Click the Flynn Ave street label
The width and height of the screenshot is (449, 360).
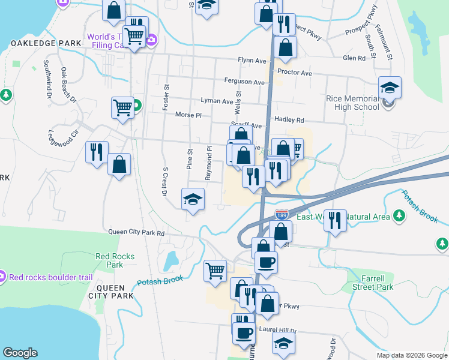tap(252, 61)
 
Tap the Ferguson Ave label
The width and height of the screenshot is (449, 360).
tap(244, 82)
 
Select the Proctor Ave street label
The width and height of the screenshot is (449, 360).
tap(295, 73)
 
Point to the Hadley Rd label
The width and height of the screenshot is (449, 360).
tap(289, 120)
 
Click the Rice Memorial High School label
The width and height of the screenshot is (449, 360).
tap(352, 103)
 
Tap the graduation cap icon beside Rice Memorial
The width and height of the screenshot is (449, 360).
tap(390, 88)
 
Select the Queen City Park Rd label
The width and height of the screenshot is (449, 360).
tap(136, 232)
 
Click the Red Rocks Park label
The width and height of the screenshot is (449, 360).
tap(115, 260)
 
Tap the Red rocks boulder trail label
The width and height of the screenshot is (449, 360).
tap(50, 277)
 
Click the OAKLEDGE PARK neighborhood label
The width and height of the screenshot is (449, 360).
tap(45, 44)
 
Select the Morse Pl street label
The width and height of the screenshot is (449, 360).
tap(188, 114)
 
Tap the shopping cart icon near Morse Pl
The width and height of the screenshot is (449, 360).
tap(122, 108)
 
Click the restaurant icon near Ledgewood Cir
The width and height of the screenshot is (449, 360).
tap(97, 151)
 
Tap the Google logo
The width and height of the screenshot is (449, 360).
tap(20, 353)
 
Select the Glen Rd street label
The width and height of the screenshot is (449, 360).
tap(354, 58)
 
